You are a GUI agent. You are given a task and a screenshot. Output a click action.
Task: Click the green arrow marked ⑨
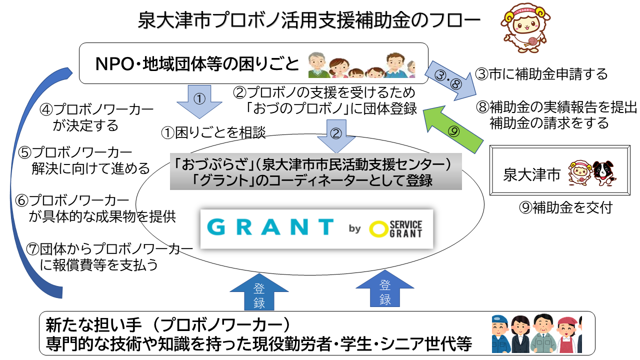point(453,130)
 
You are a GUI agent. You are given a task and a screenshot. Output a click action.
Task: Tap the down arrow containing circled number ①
point(199,101)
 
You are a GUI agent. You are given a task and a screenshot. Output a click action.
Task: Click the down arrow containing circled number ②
point(336,136)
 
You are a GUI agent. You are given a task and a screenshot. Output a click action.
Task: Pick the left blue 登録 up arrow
point(259,292)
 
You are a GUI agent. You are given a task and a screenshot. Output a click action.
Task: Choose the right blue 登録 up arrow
point(385,288)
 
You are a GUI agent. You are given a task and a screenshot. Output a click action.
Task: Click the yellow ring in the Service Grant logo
point(378,229)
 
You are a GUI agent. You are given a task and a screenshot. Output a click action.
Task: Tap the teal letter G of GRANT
point(216,227)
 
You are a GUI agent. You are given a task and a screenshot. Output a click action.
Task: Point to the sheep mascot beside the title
point(525,28)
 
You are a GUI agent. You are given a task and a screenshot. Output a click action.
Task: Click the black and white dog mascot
point(603,173)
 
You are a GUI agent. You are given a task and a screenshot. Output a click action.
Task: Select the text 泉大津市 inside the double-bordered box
point(531,174)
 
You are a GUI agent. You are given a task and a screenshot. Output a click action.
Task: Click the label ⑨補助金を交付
point(565,207)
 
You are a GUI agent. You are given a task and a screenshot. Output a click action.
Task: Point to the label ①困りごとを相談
point(213,132)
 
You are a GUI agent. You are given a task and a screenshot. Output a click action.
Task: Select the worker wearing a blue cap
point(500,334)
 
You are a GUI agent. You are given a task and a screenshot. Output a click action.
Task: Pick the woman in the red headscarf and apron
point(567,335)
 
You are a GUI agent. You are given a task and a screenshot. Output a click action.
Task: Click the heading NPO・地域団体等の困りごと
point(197,63)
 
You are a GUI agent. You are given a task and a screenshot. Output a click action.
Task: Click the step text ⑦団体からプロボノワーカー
point(109,249)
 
